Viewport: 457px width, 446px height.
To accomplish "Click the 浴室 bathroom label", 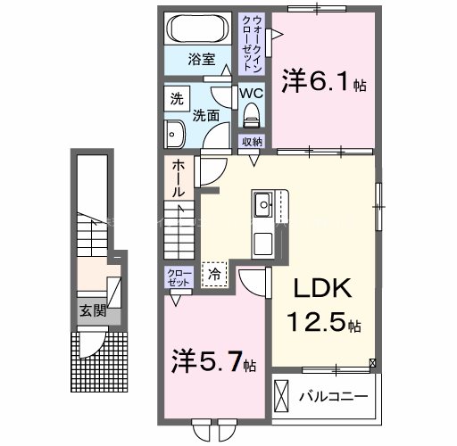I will coord(201,60).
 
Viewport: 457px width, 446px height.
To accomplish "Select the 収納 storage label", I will coord(252,142).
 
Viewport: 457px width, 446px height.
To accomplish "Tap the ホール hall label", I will coord(178,178).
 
